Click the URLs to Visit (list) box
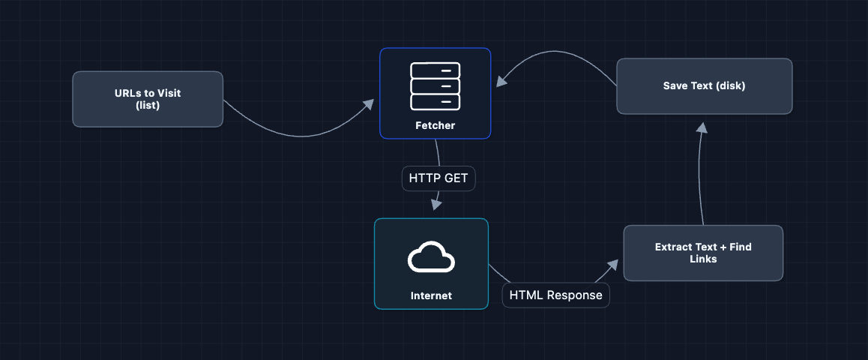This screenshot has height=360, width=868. click(x=148, y=99)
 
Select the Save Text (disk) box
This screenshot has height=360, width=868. click(x=704, y=86)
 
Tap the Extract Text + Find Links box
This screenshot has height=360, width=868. click(x=703, y=253)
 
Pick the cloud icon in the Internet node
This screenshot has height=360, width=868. click(x=431, y=258)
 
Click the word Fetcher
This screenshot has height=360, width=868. click(x=435, y=125)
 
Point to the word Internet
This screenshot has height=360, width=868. click(x=431, y=295)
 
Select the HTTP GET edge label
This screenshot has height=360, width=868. click(x=438, y=178)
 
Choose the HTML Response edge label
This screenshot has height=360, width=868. click(x=555, y=295)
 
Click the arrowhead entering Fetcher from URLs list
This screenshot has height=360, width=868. click(x=368, y=104)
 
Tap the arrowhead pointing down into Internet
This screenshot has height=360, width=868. click(x=436, y=205)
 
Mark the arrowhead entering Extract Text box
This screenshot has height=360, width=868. click(x=613, y=264)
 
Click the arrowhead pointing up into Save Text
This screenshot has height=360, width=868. click(x=702, y=128)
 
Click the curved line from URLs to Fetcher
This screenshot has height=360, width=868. click(x=300, y=136)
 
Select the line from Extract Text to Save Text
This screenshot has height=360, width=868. click(x=699, y=180)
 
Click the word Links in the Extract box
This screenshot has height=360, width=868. click(x=703, y=259)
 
